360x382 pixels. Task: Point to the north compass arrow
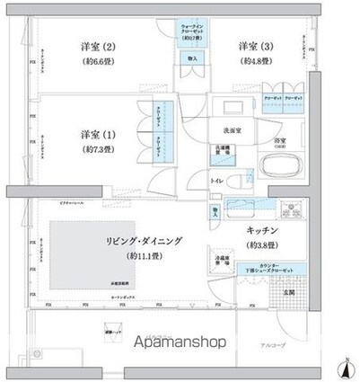coord(346,365)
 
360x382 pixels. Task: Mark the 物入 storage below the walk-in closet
coord(192,58)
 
